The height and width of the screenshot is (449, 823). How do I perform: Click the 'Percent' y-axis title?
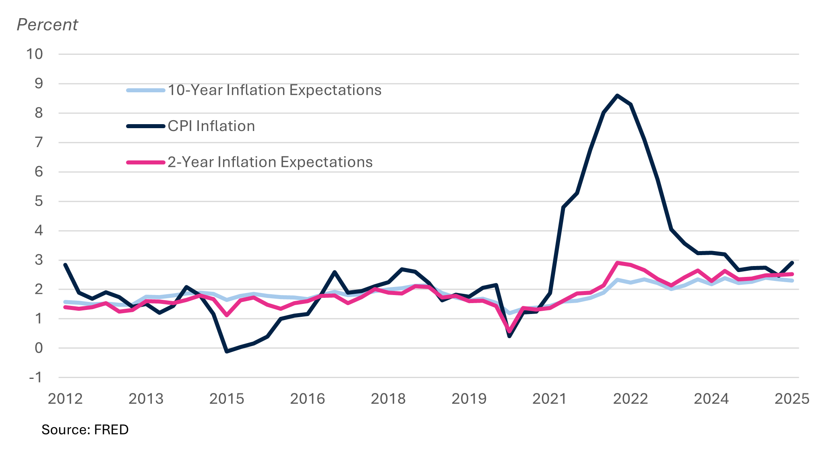tap(47, 25)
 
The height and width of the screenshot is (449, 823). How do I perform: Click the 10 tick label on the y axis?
tap(35, 54)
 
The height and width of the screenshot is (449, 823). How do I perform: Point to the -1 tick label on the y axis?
tap(35, 378)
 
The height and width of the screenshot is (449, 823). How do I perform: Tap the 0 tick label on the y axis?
tap(39, 348)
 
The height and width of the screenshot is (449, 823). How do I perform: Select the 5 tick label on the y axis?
tap(39, 201)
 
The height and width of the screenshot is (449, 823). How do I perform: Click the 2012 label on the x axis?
tap(65, 399)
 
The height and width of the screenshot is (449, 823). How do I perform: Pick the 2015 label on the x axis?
tap(227, 399)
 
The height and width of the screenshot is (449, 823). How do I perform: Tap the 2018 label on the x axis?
tap(388, 399)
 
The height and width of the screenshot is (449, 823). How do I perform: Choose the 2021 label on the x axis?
tap(550, 399)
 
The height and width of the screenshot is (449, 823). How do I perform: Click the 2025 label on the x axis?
tap(792, 399)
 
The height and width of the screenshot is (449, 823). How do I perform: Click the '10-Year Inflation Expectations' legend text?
tap(275, 90)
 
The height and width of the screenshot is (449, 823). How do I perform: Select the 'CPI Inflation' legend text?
tap(211, 126)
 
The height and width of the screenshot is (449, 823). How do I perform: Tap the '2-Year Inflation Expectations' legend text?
tap(270, 162)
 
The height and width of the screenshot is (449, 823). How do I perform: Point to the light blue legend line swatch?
tap(146, 90)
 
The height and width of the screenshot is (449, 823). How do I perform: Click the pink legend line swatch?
tap(146, 162)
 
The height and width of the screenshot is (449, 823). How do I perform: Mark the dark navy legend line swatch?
tap(146, 126)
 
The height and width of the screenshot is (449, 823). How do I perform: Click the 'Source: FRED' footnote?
tap(85, 430)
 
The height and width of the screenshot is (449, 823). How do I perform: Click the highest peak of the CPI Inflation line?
tap(617, 96)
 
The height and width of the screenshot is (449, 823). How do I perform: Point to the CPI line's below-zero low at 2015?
tap(227, 351)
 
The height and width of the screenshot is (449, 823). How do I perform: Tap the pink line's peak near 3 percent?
tap(617, 263)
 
